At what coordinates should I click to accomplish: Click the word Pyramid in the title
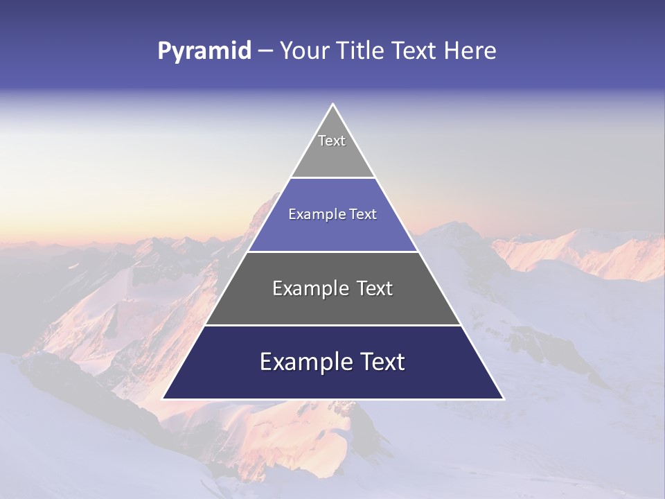pyautogui.click(x=204, y=51)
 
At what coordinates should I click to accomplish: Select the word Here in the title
pyautogui.click(x=470, y=51)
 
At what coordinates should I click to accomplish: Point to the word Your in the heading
pyautogui.click(x=303, y=51)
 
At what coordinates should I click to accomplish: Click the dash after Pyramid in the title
pyautogui.click(x=265, y=51)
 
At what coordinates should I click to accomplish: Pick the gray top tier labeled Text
pyautogui.click(x=332, y=149)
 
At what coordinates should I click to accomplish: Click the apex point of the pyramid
pyautogui.click(x=333, y=105)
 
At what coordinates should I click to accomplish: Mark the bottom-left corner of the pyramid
pyautogui.click(x=163, y=399)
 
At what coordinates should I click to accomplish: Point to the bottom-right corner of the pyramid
pyautogui.click(x=503, y=399)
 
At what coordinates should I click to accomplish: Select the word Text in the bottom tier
pyautogui.click(x=380, y=362)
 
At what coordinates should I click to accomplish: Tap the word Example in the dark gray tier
pyautogui.click(x=310, y=288)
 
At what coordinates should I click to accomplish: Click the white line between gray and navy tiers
pyautogui.click(x=332, y=325)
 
